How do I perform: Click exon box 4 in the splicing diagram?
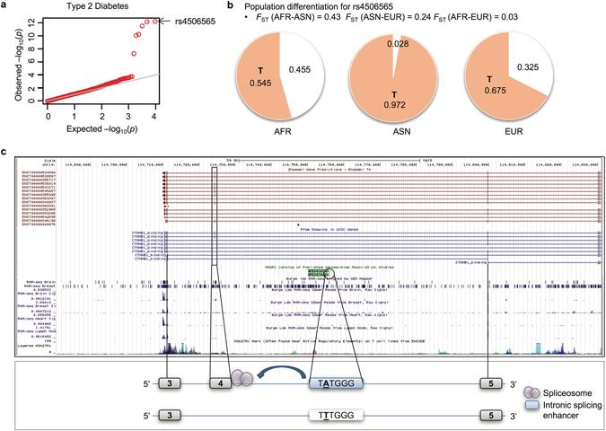[218, 381]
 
